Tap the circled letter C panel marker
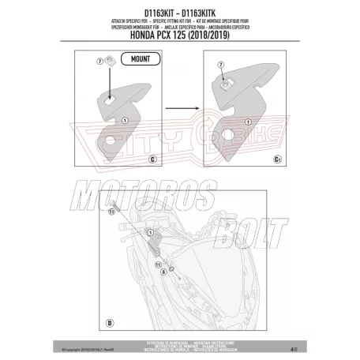(x=151, y=158)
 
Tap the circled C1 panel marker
(x=277, y=158)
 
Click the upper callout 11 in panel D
(x=111, y=211)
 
